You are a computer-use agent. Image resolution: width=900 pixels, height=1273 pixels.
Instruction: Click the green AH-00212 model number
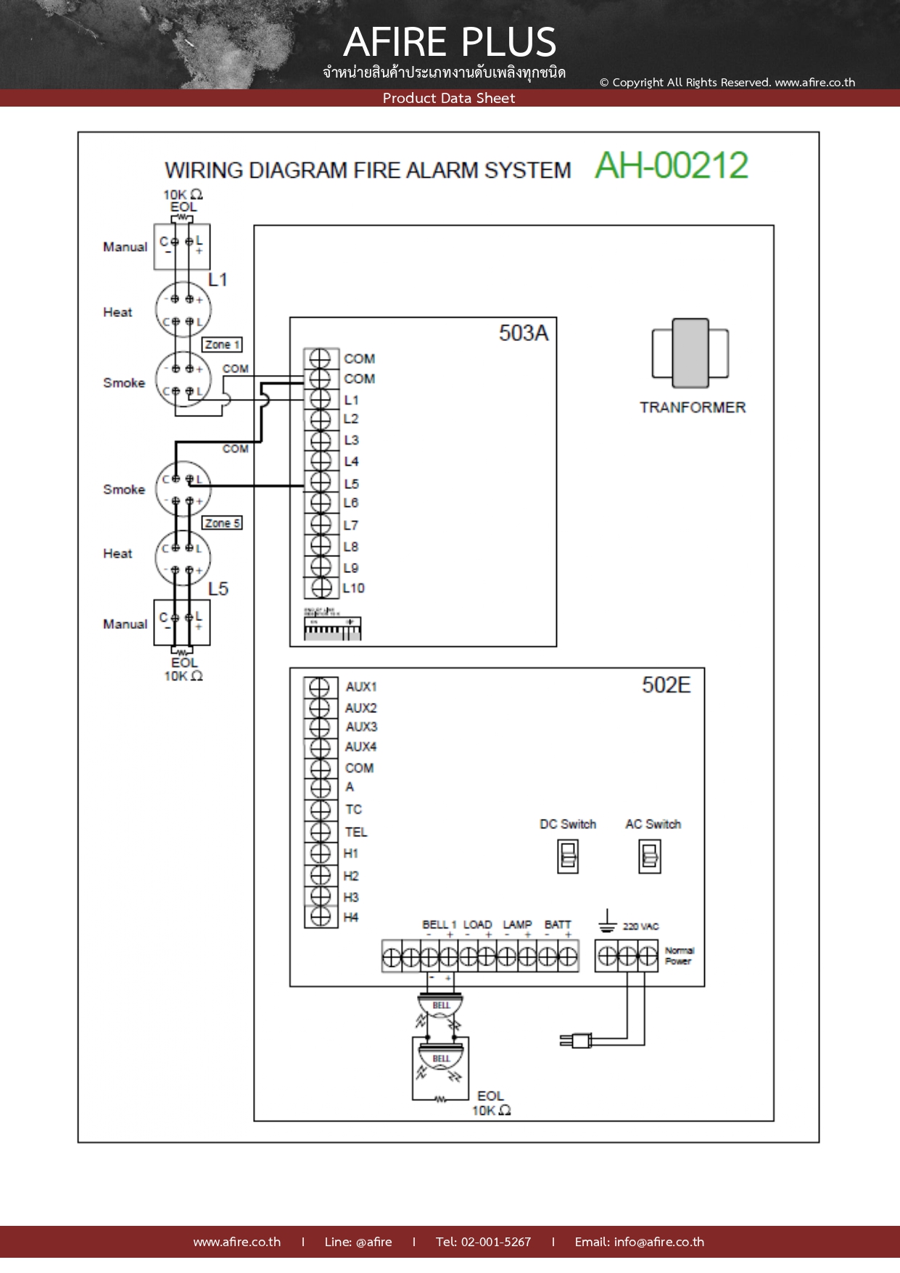click(x=671, y=165)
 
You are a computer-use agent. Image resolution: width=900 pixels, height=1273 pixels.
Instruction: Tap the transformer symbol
click(x=690, y=353)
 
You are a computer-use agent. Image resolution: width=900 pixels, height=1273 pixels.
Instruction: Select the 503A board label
click(x=523, y=333)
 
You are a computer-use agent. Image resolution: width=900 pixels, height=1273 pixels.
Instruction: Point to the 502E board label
click(x=666, y=685)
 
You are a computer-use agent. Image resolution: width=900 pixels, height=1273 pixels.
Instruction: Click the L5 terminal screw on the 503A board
click(x=320, y=482)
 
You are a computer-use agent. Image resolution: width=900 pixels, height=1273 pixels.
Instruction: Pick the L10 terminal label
click(x=354, y=588)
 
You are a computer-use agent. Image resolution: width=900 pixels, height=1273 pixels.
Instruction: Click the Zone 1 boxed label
click(x=221, y=345)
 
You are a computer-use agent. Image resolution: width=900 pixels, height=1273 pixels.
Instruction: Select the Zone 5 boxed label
click(x=222, y=523)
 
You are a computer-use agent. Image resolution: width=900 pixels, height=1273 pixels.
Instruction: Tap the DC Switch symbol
click(x=568, y=856)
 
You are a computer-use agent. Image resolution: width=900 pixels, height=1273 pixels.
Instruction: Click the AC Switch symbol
click(x=650, y=856)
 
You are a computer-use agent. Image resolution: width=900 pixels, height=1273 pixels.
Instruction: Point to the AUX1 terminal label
click(x=361, y=687)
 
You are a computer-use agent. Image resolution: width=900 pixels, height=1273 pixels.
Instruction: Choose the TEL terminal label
click(x=356, y=832)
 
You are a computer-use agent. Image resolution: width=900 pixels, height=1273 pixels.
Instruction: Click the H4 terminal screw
click(x=320, y=917)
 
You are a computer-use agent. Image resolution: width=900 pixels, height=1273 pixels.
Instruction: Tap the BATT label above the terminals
click(x=558, y=925)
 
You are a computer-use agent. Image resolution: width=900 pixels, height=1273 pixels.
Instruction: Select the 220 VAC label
click(x=640, y=926)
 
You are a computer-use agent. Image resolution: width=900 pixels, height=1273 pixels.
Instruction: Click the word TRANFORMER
click(x=692, y=408)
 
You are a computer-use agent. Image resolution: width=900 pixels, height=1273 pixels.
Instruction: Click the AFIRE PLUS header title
click(x=450, y=42)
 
